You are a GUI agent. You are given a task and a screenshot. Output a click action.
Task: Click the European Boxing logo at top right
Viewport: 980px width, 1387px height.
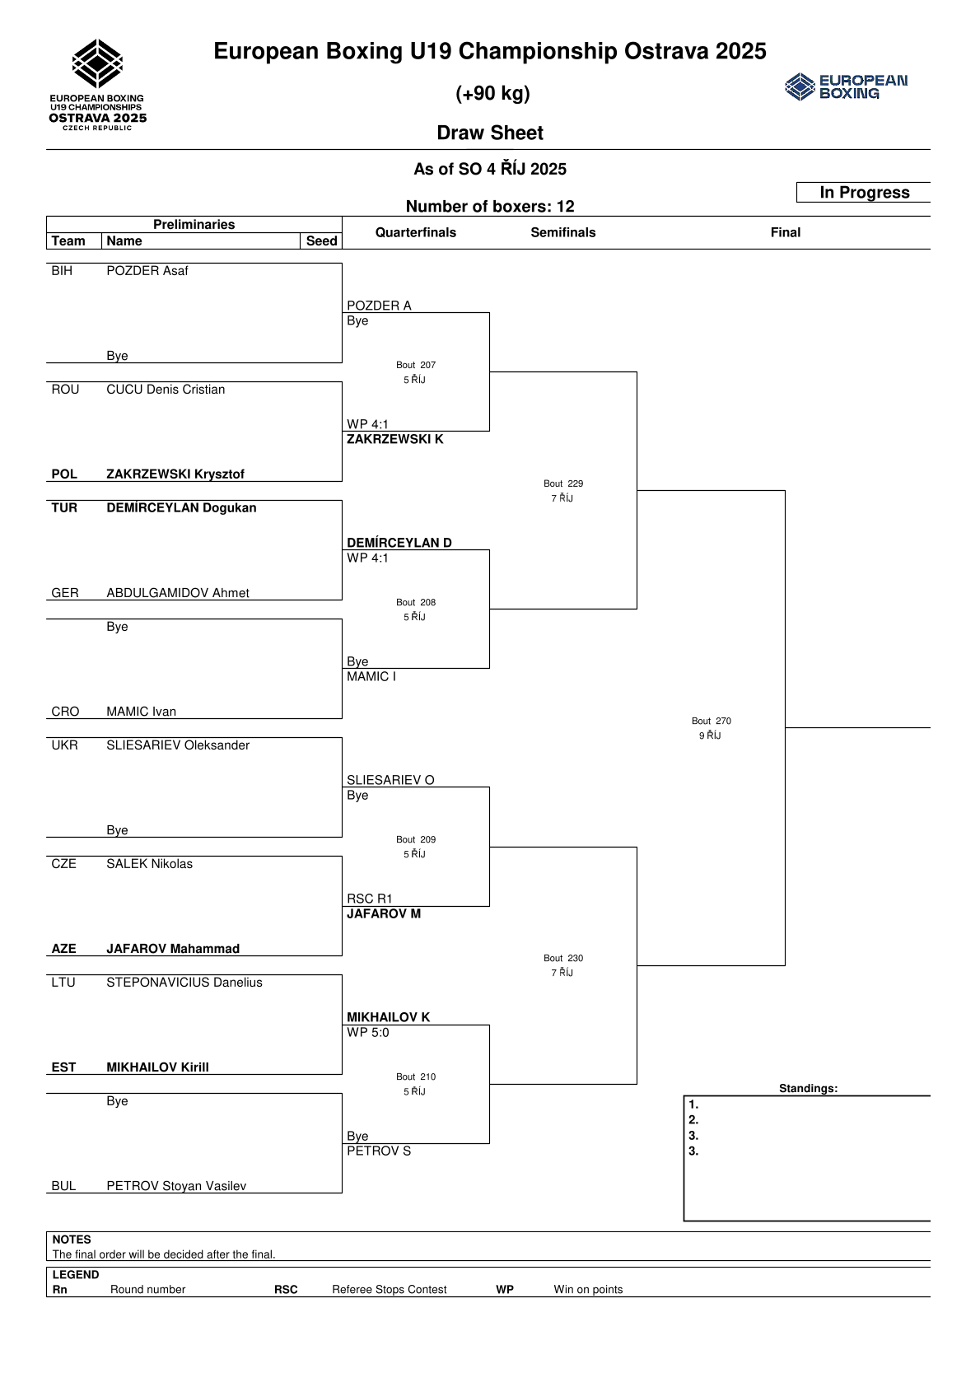tap(846, 86)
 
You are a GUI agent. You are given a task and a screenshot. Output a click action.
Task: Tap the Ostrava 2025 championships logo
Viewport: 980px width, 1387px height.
tap(98, 85)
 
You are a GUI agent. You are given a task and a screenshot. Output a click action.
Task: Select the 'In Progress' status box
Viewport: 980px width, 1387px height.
tap(864, 193)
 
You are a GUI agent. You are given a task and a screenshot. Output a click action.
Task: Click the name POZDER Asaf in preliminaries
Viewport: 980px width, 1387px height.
tap(147, 271)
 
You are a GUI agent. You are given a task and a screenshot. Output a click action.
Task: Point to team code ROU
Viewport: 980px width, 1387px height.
tap(65, 390)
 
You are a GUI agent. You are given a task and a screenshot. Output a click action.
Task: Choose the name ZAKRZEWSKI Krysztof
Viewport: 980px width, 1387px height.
tap(175, 474)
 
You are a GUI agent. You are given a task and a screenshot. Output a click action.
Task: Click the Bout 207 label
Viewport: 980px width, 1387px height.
tap(416, 365)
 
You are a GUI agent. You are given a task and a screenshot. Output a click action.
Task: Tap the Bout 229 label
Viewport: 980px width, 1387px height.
tap(563, 483)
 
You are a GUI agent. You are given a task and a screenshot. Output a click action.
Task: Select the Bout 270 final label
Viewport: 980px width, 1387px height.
tap(712, 721)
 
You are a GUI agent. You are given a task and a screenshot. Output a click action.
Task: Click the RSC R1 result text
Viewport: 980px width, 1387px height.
tap(370, 899)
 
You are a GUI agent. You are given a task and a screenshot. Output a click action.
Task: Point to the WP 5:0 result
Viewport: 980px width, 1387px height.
tap(368, 1033)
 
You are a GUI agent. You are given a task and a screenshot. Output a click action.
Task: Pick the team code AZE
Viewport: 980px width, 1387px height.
tap(64, 949)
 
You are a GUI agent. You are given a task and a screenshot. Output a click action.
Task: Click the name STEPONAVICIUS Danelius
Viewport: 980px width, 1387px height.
tap(184, 983)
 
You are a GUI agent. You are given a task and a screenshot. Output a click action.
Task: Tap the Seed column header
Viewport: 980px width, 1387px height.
tap(321, 241)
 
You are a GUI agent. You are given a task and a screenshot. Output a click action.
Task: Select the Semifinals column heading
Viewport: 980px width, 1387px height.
tap(563, 232)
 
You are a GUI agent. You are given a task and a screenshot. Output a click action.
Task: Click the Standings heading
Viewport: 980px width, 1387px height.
tap(808, 1088)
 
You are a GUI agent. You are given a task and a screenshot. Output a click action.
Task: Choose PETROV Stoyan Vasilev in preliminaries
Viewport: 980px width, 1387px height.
tap(176, 1186)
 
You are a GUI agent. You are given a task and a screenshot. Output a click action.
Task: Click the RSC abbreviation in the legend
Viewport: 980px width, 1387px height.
tap(286, 1290)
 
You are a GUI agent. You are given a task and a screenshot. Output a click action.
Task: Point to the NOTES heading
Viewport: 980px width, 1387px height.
tap(72, 1240)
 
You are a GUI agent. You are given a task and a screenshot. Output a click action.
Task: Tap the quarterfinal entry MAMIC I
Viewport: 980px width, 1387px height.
tap(371, 677)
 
